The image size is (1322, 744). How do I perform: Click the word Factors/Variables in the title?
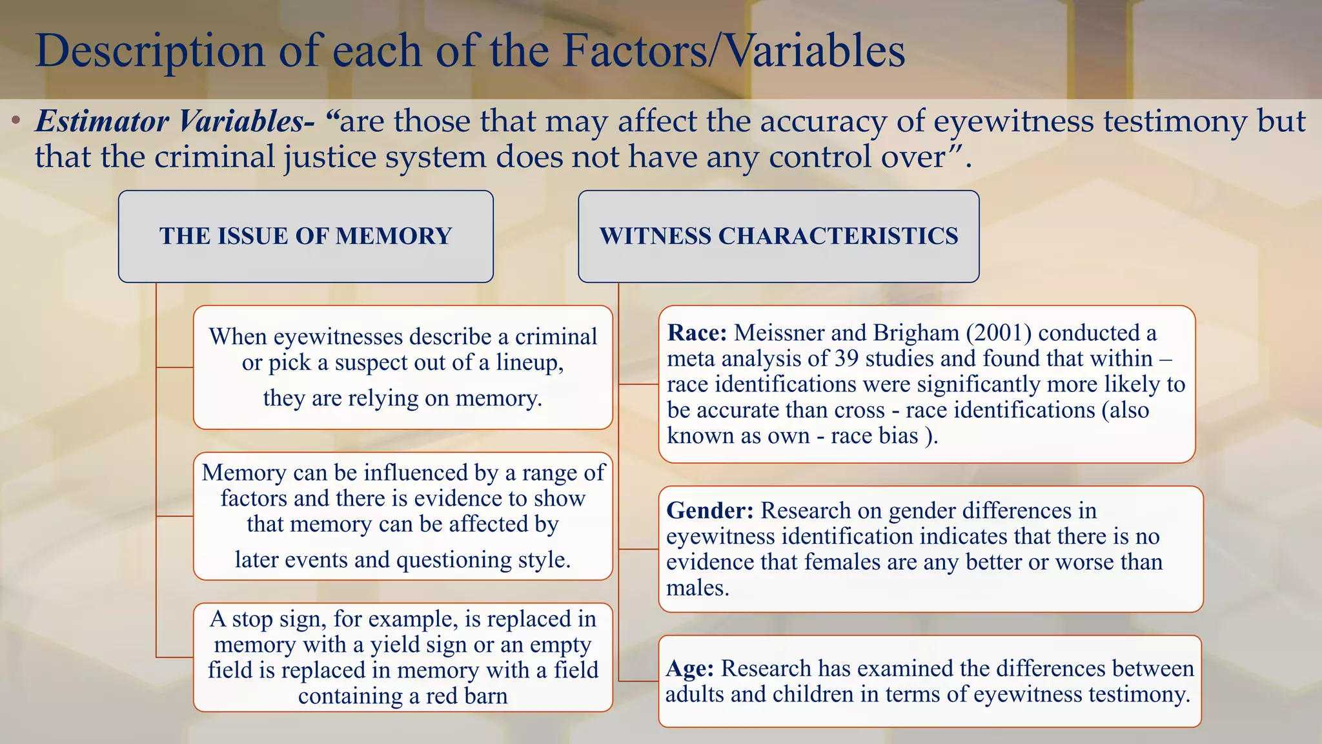tap(734, 50)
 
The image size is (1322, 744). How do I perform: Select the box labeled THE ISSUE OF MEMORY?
tap(306, 236)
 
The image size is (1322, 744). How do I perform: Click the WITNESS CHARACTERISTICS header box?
tap(778, 236)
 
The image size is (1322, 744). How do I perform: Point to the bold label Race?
tap(697, 333)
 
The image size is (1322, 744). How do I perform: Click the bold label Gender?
tap(709, 510)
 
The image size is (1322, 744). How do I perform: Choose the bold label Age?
tap(689, 668)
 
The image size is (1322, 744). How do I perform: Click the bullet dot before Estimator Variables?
tap(17, 121)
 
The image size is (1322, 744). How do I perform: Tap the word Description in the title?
tap(150, 50)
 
